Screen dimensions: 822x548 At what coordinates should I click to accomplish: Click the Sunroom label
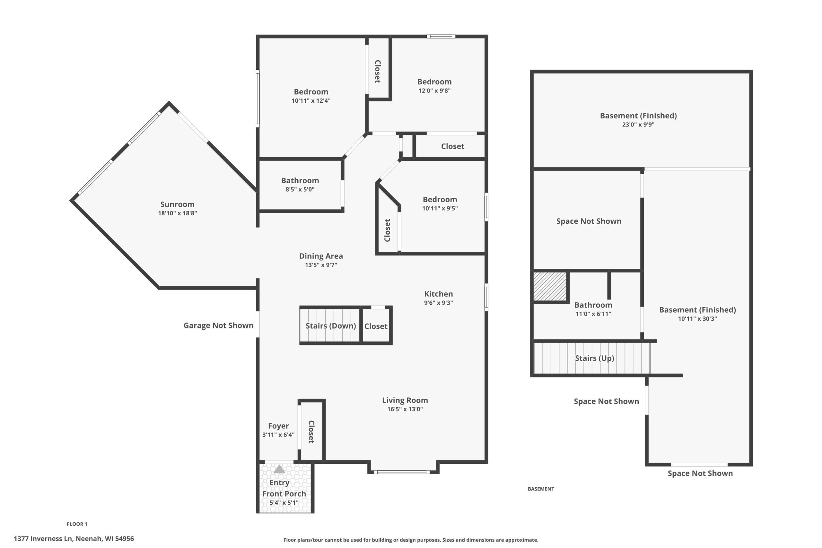click(177, 204)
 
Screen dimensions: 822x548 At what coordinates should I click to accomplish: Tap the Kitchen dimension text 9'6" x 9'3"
click(438, 303)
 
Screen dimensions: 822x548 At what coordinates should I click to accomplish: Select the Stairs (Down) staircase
click(330, 326)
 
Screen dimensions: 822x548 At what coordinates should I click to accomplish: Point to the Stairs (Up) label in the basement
click(594, 358)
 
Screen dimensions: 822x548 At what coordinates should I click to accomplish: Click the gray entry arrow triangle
click(279, 469)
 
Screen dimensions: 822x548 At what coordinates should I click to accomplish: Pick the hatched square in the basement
click(550, 286)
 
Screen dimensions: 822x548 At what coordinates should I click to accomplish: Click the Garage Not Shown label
click(218, 326)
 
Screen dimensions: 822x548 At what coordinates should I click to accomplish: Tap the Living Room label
click(405, 400)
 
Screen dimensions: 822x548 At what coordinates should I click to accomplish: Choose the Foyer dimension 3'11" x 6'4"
click(278, 435)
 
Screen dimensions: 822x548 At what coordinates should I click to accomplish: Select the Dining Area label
click(321, 256)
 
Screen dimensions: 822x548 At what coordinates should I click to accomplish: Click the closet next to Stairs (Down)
click(376, 326)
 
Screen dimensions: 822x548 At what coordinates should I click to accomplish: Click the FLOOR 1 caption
click(77, 524)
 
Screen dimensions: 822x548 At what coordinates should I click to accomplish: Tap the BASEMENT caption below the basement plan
click(541, 489)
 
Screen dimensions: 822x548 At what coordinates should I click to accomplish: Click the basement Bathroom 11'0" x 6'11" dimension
click(593, 314)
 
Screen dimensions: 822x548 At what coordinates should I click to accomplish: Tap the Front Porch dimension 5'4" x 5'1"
click(284, 502)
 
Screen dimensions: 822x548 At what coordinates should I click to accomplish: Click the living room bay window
click(402, 472)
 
